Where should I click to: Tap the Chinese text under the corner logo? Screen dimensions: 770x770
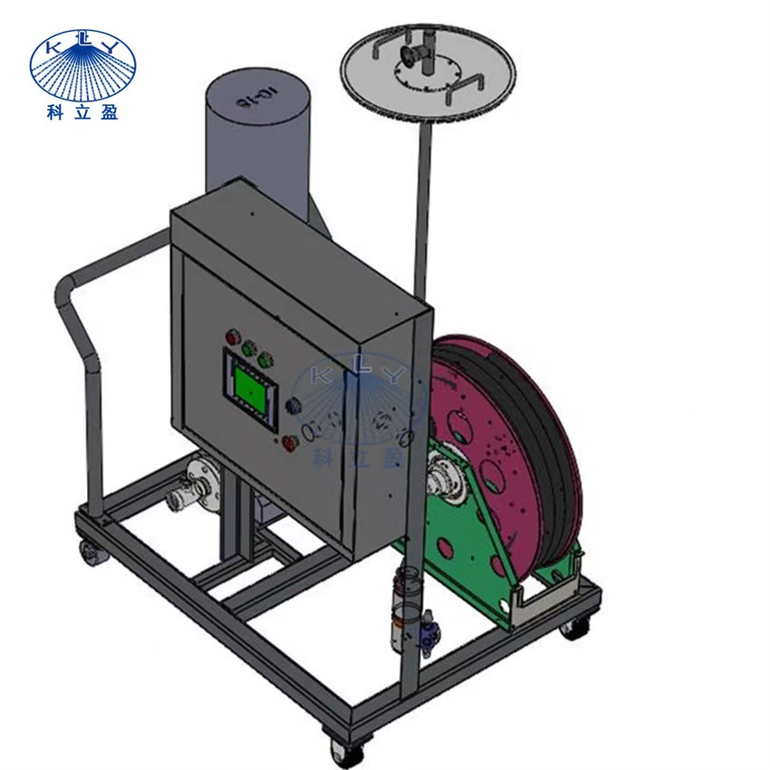(82, 112)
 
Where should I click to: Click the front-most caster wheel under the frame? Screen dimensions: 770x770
(340, 747)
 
